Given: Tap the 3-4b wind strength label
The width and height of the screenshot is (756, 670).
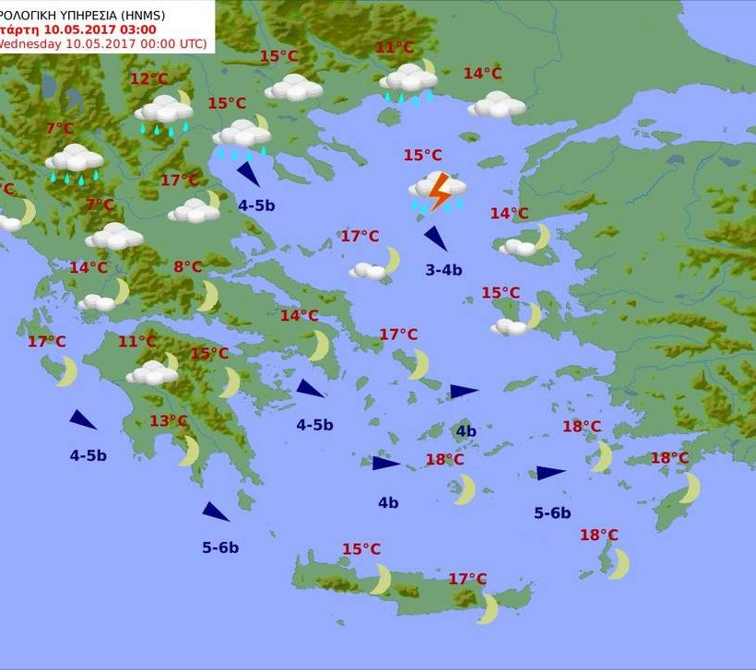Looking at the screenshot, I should (x=443, y=270).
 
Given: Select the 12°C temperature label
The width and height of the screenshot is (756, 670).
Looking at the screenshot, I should (x=148, y=79).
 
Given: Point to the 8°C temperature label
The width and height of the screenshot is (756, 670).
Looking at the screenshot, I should (x=187, y=267).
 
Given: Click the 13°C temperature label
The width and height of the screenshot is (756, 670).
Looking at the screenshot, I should (x=169, y=421).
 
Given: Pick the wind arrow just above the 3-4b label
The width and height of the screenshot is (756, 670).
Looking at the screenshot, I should (x=435, y=239).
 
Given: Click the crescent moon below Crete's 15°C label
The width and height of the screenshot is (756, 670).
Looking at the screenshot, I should (x=380, y=580).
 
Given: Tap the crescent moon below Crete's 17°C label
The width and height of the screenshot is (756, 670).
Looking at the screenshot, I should (x=487, y=608).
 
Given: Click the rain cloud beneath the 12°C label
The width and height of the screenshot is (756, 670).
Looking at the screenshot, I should (x=164, y=112).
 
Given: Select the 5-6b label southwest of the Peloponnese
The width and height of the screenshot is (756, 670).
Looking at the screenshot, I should (x=220, y=547).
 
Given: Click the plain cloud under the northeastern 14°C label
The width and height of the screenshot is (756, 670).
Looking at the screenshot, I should (x=497, y=104).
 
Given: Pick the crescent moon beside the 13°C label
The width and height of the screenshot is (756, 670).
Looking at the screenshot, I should (x=189, y=451).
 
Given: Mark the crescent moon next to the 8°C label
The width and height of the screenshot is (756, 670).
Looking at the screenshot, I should (x=209, y=296).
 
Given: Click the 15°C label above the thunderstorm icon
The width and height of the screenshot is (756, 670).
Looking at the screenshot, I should (x=422, y=156).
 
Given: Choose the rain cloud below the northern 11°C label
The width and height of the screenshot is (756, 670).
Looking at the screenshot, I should (x=408, y=80).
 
